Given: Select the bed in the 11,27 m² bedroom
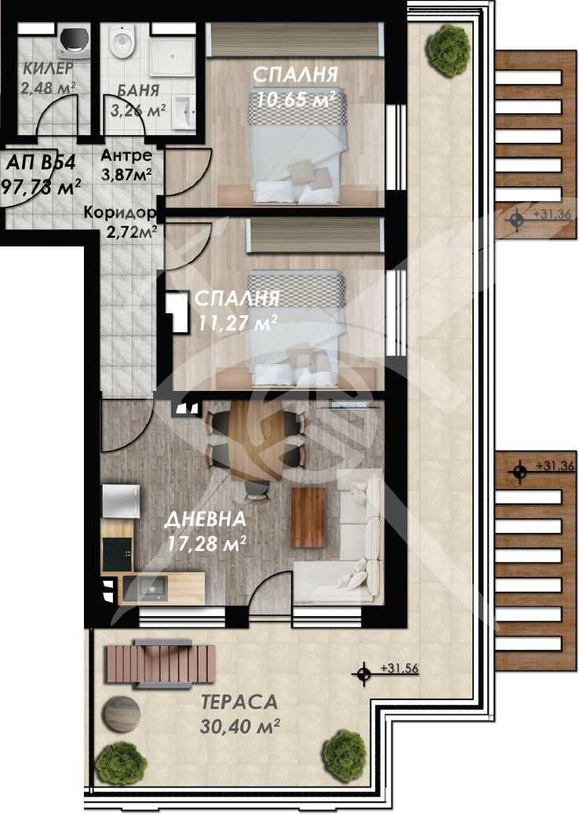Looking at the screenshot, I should point(296,330).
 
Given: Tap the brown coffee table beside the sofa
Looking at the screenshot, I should point(308,517).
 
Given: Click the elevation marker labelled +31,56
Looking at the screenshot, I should point(362,673).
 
